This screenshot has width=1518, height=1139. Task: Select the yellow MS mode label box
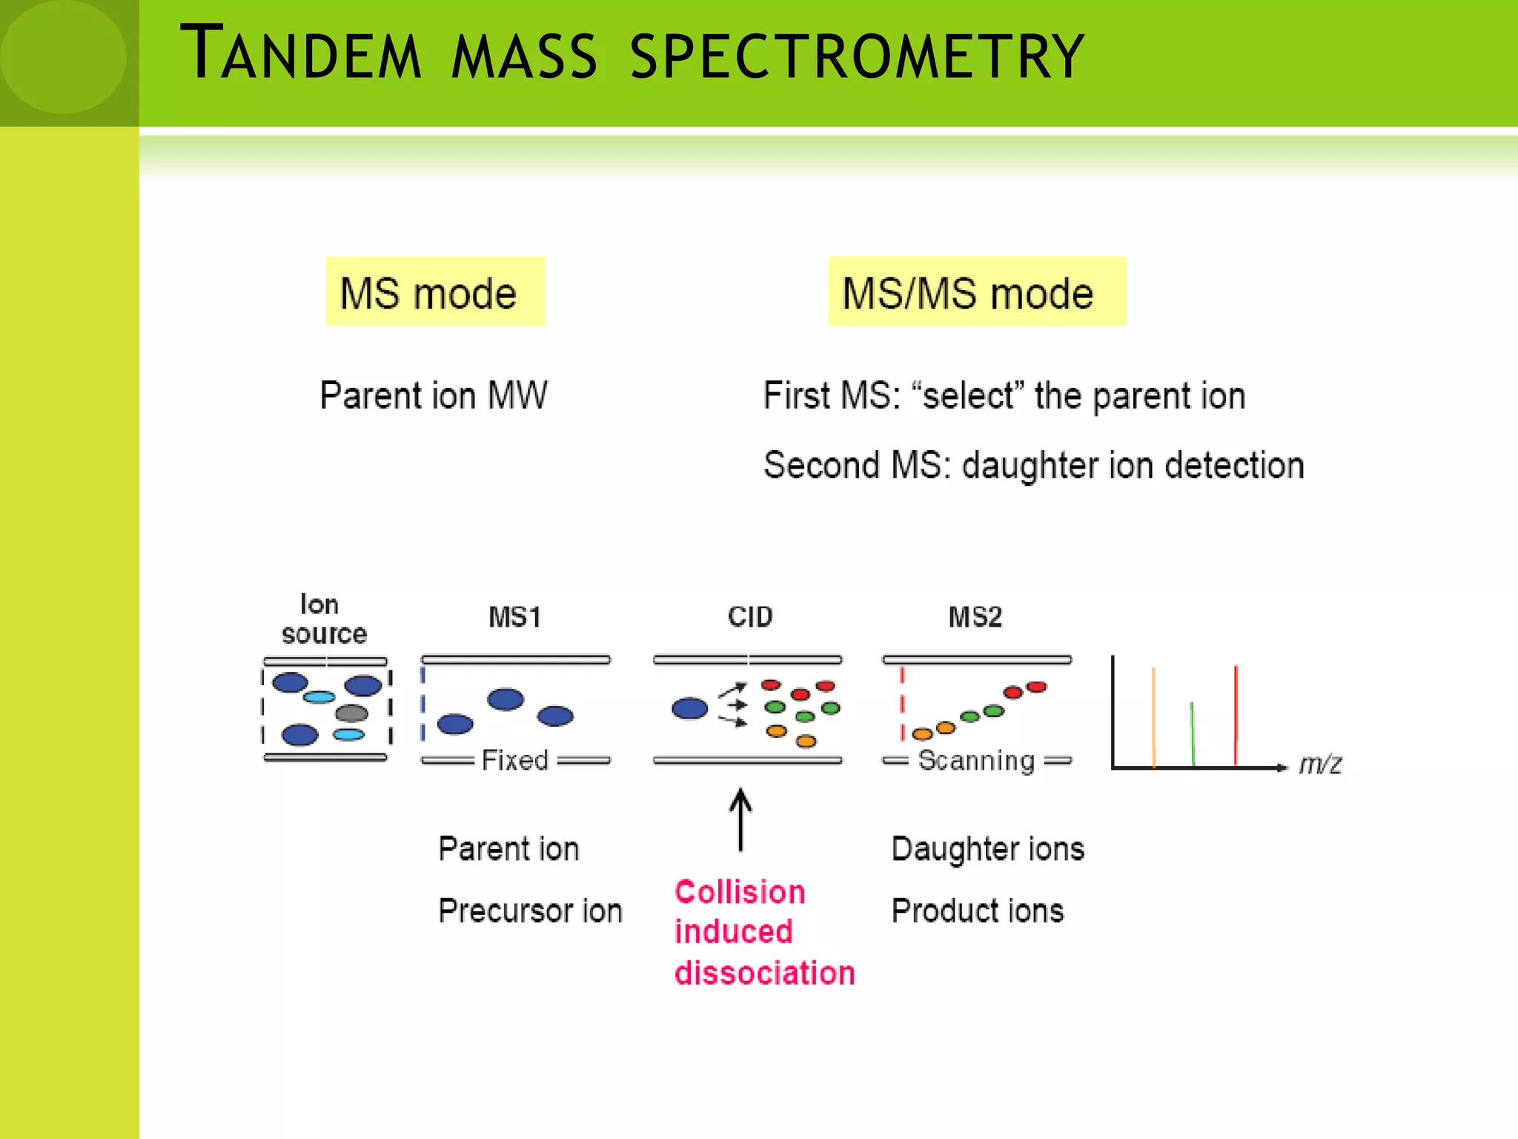click(x=435, y=292)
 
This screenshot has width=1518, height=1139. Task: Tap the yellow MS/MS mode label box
click(x=976, y=292)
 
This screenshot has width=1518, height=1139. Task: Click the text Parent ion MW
click(x=434, y=394)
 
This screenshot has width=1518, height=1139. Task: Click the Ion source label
click(x=323, y=619)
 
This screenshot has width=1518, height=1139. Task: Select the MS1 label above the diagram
click(x=515, y=617)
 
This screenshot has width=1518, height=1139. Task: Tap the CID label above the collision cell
click(x=750, y=617)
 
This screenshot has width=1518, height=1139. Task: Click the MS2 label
click(x=975, y=617)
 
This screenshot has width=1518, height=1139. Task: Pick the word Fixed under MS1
click(x=515, y=760)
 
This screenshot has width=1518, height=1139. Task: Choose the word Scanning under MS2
click(x=976, y=760)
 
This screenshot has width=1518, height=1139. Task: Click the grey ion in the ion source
click(x=351, y=713)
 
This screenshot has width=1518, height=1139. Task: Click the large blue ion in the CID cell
click(x=690, y=708)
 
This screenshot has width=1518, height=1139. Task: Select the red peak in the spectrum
click(x=1236, y=716)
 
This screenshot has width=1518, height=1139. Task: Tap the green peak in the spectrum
click(x=1192, y=734)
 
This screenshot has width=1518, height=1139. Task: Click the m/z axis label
click(x=1320, y=764)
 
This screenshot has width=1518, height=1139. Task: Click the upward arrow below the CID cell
click(x=740, y=819)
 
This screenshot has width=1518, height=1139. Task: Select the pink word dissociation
click(x=765, y=972)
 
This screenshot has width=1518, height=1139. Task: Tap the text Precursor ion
click(x=530, y=911)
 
